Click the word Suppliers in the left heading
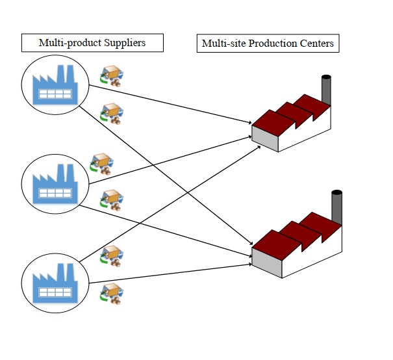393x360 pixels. (x=124, y=44)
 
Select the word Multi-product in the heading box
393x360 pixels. (x=70, y=44)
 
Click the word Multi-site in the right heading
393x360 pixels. (x=223, y=44)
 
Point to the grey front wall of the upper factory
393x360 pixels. (x=264, y=138)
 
